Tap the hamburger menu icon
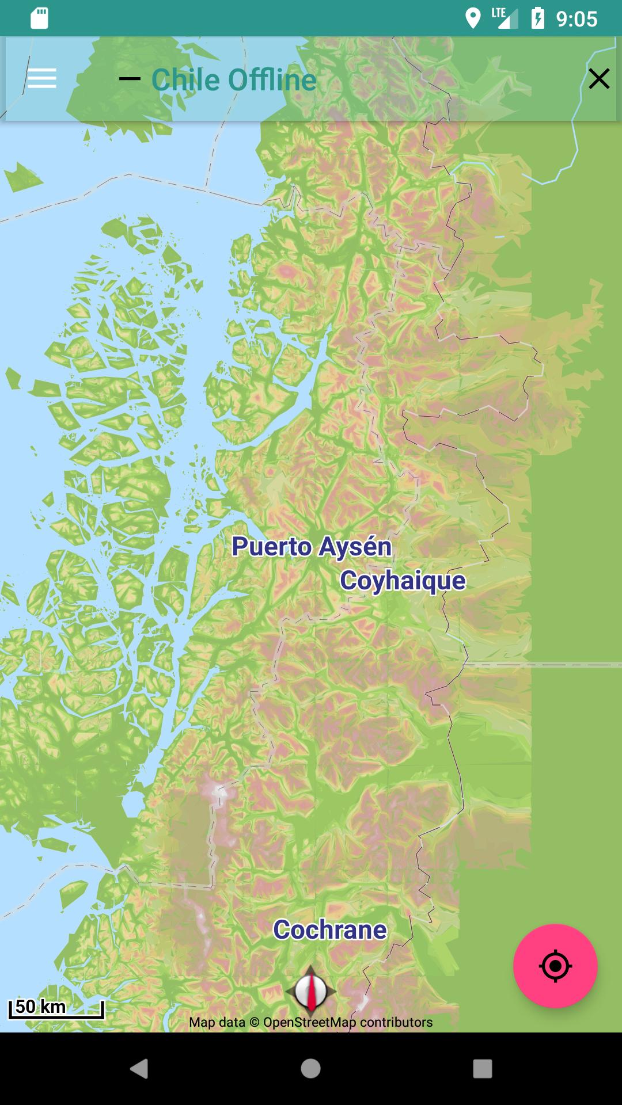42,78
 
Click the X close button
599,79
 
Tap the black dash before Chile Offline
130,79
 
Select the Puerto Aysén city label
312,547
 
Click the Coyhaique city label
403,580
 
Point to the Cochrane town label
330,929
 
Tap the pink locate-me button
555,966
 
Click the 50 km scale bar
56,1008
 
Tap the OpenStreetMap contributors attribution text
311,1022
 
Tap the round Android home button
310,1069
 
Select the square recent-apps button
482,1069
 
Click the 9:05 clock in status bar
577,19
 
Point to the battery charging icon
537,18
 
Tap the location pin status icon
473,18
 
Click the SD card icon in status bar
39,18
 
